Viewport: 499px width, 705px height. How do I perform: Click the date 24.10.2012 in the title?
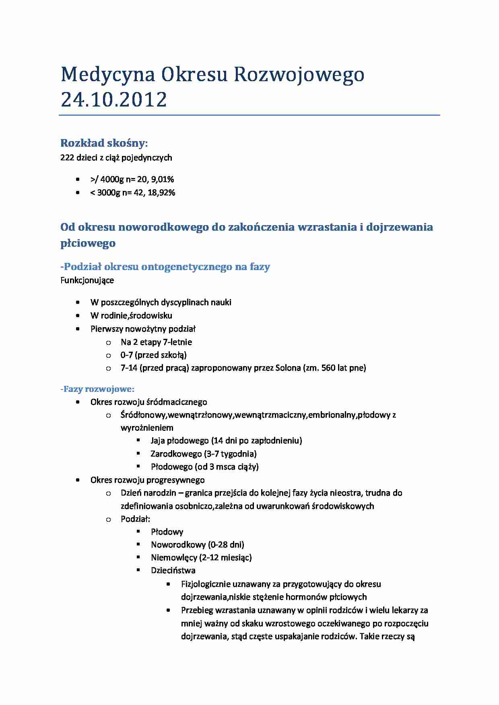[x=113, y=99]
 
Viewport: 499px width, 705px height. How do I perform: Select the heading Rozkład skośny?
[x=104, y=143]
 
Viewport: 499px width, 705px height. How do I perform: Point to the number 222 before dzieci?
[x=67, y=158]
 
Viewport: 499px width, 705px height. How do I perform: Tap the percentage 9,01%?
[x=163, y=179]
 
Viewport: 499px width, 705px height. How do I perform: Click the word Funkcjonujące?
[x=87, y=280]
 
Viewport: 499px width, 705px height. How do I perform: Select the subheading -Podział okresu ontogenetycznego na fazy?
[x=165, y=266]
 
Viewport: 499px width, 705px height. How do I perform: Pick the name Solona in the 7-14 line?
[x=288, y=367]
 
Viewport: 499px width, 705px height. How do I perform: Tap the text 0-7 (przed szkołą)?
[x=153, y=355]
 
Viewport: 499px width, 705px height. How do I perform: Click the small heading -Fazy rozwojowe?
[x=97, y=389]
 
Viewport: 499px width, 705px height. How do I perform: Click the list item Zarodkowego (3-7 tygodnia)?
[x=203, y=454]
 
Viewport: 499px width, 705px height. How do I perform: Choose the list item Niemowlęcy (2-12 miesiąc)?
[x=201, y=557]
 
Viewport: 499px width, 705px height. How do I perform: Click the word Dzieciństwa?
[x=173, y=570]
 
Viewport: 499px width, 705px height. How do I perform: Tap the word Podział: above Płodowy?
[x=135, y=519]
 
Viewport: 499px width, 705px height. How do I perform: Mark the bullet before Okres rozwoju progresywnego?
[x=78, y=480]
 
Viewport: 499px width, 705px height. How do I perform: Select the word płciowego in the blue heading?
[x=88, y=243]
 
